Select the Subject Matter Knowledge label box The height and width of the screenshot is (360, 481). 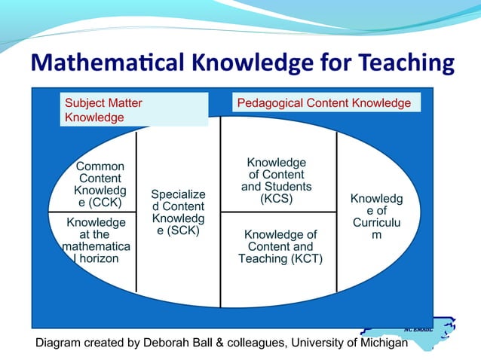click(134, 110)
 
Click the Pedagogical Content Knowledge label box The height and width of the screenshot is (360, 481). click(324, 103)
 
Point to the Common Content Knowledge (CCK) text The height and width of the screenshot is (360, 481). click(100, 185)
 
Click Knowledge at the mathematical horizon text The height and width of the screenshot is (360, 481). click(96, 241)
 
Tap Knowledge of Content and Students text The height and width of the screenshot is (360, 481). click(277, 181)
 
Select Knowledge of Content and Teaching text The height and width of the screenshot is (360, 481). click(280, 247)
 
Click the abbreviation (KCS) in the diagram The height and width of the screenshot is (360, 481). click(277, 200)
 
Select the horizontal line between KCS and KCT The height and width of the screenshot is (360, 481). click(278, 212)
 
